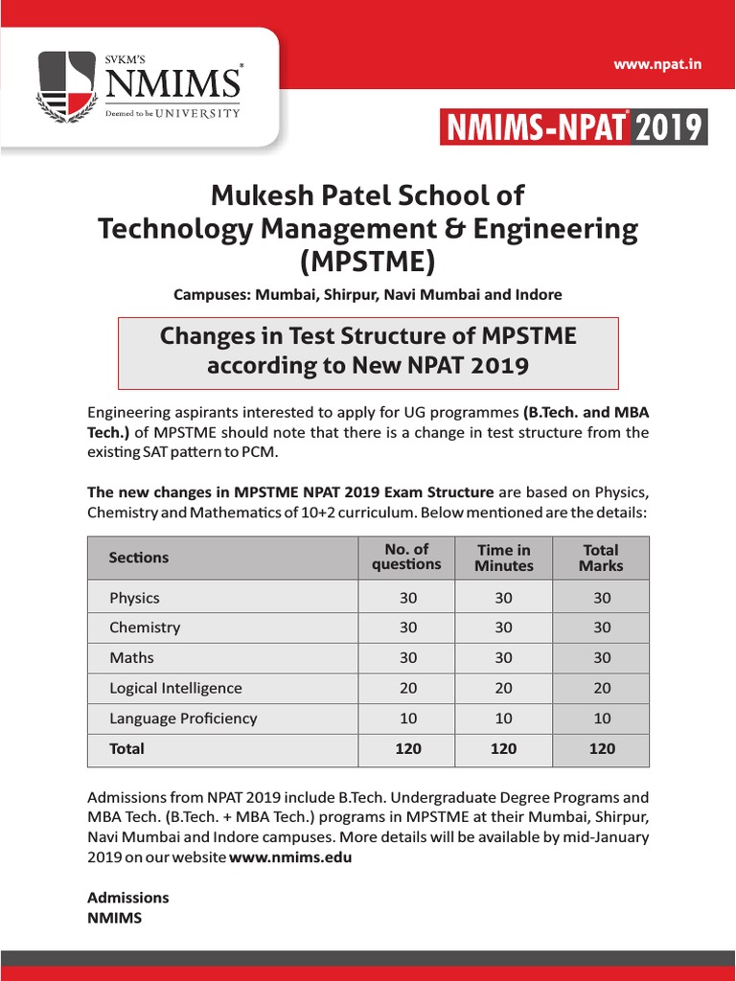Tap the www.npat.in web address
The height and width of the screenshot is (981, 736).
658,64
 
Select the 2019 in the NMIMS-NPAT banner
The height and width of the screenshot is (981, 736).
669,128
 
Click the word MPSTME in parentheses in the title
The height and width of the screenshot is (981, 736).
368,262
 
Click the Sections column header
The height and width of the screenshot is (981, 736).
139,558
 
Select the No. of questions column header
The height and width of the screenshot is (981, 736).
406,557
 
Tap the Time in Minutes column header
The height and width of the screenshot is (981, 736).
503,558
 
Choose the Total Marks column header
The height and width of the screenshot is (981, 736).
601,558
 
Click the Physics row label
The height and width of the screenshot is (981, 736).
134,598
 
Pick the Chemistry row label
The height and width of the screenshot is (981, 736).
145,627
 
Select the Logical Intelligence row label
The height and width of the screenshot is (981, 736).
175,688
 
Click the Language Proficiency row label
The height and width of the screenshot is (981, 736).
183,718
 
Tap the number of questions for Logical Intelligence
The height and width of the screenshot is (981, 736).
408,688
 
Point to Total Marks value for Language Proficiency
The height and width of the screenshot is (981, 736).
602,718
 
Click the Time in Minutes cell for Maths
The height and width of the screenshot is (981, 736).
503,658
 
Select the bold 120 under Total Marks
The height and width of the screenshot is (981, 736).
602,748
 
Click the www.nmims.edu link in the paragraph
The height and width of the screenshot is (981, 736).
290,857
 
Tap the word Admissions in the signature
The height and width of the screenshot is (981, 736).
127,898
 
